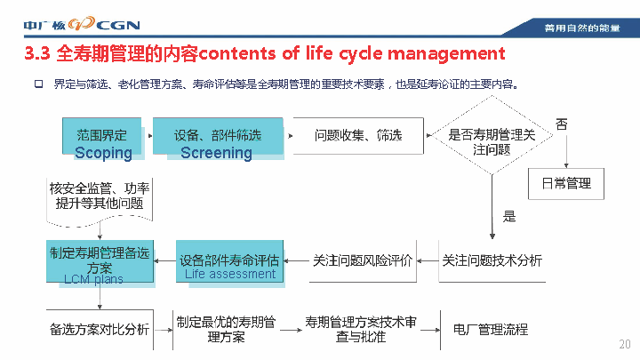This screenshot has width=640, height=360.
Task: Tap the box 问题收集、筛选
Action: tap(358, 136)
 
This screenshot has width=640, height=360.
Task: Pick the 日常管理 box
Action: tap(566, 183)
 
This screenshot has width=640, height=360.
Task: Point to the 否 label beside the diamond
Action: tap(562, 124)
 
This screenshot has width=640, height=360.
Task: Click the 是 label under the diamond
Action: tap(509, 216)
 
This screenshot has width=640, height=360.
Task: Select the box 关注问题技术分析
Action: tap(492, 261)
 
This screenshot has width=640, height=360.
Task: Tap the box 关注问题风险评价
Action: tap(363, 261)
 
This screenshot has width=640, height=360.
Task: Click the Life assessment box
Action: tap(230, 262)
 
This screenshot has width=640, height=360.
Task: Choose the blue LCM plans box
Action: tap(100, 261)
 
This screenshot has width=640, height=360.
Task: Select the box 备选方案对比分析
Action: tap(100, 330)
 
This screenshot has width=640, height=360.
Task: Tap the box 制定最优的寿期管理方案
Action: tap(226, 330)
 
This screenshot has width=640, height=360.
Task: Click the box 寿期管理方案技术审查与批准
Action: tap(361, 330)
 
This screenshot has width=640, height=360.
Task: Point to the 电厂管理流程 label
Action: tap(491, 330)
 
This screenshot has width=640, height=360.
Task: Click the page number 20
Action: tap(624, 345)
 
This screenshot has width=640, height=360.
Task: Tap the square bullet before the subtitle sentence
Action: tap(38, 84)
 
